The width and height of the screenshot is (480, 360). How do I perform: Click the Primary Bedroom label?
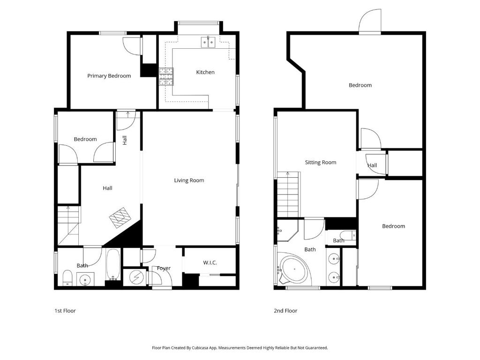109,76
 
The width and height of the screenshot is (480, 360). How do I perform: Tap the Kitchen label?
205,72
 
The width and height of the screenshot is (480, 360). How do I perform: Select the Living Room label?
189,180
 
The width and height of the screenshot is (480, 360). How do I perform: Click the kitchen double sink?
209,42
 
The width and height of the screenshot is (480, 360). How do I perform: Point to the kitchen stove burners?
166,76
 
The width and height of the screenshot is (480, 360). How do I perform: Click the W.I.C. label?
210,262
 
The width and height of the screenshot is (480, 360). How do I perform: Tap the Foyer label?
164,269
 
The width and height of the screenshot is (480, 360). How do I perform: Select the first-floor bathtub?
113,264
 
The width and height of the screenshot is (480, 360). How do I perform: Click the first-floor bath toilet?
67,277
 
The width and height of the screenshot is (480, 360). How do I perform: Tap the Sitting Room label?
321,162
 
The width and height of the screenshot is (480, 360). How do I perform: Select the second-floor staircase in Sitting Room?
288,195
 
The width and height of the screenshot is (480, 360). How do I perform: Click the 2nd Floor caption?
285,311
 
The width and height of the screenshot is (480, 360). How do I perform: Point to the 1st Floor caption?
65,311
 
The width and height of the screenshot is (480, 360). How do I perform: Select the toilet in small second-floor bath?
348,235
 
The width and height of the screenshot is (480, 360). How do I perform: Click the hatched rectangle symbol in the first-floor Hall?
120,217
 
